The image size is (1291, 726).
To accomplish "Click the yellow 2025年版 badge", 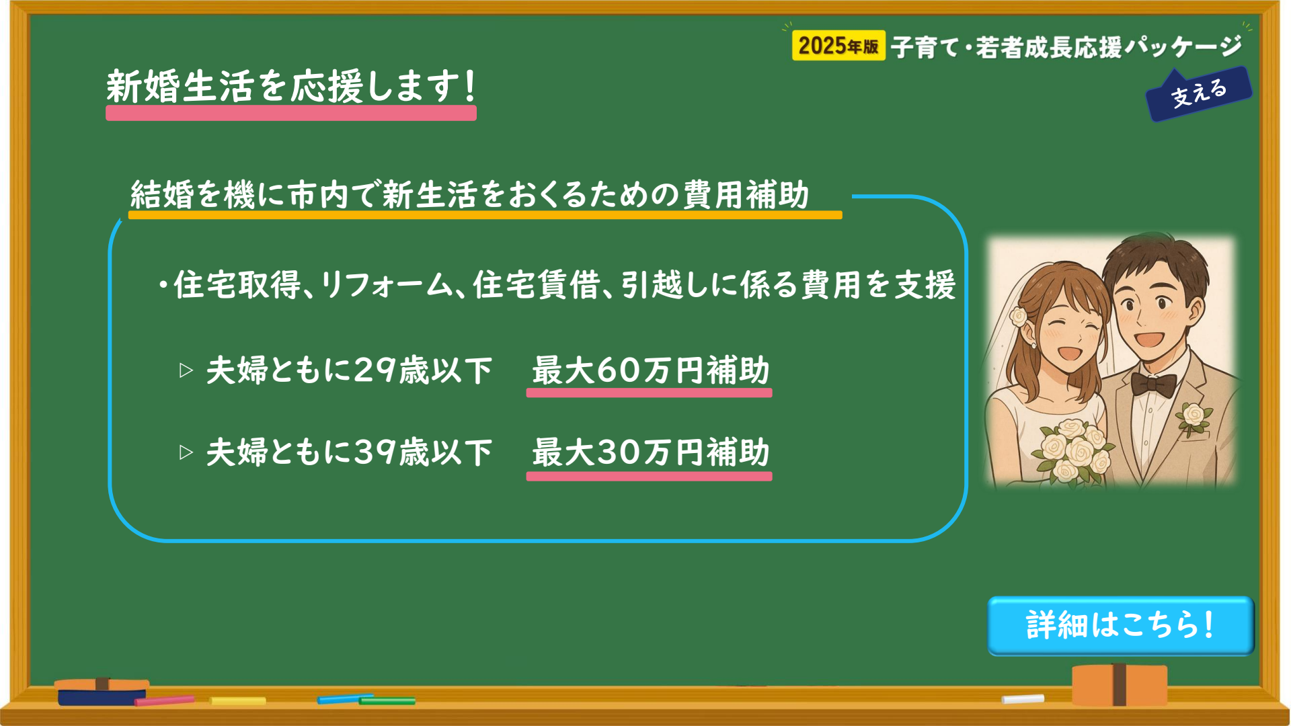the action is click(838, 46).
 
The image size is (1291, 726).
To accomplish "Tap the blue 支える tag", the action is click(1199, 93).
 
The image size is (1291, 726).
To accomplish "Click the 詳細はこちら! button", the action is click(1121, 625).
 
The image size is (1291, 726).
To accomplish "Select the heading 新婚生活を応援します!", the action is click(291, 87).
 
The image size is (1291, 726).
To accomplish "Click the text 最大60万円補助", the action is click(650, 370).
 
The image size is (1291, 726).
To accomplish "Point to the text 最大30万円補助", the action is click(650, 452).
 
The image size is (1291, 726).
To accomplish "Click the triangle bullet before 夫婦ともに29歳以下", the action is click(186, 370).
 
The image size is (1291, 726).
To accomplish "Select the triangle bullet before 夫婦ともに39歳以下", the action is click(186, 452).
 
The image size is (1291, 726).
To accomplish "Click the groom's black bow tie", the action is click(1153, 385).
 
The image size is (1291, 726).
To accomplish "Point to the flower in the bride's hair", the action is click(1019, 315).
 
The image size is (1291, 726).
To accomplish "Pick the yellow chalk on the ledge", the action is click(237, 701).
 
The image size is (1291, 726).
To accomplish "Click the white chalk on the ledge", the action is click(1023, 699).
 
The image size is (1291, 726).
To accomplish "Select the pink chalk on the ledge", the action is click(164, 700).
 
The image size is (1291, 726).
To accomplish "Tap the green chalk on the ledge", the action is click(387, 701).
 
